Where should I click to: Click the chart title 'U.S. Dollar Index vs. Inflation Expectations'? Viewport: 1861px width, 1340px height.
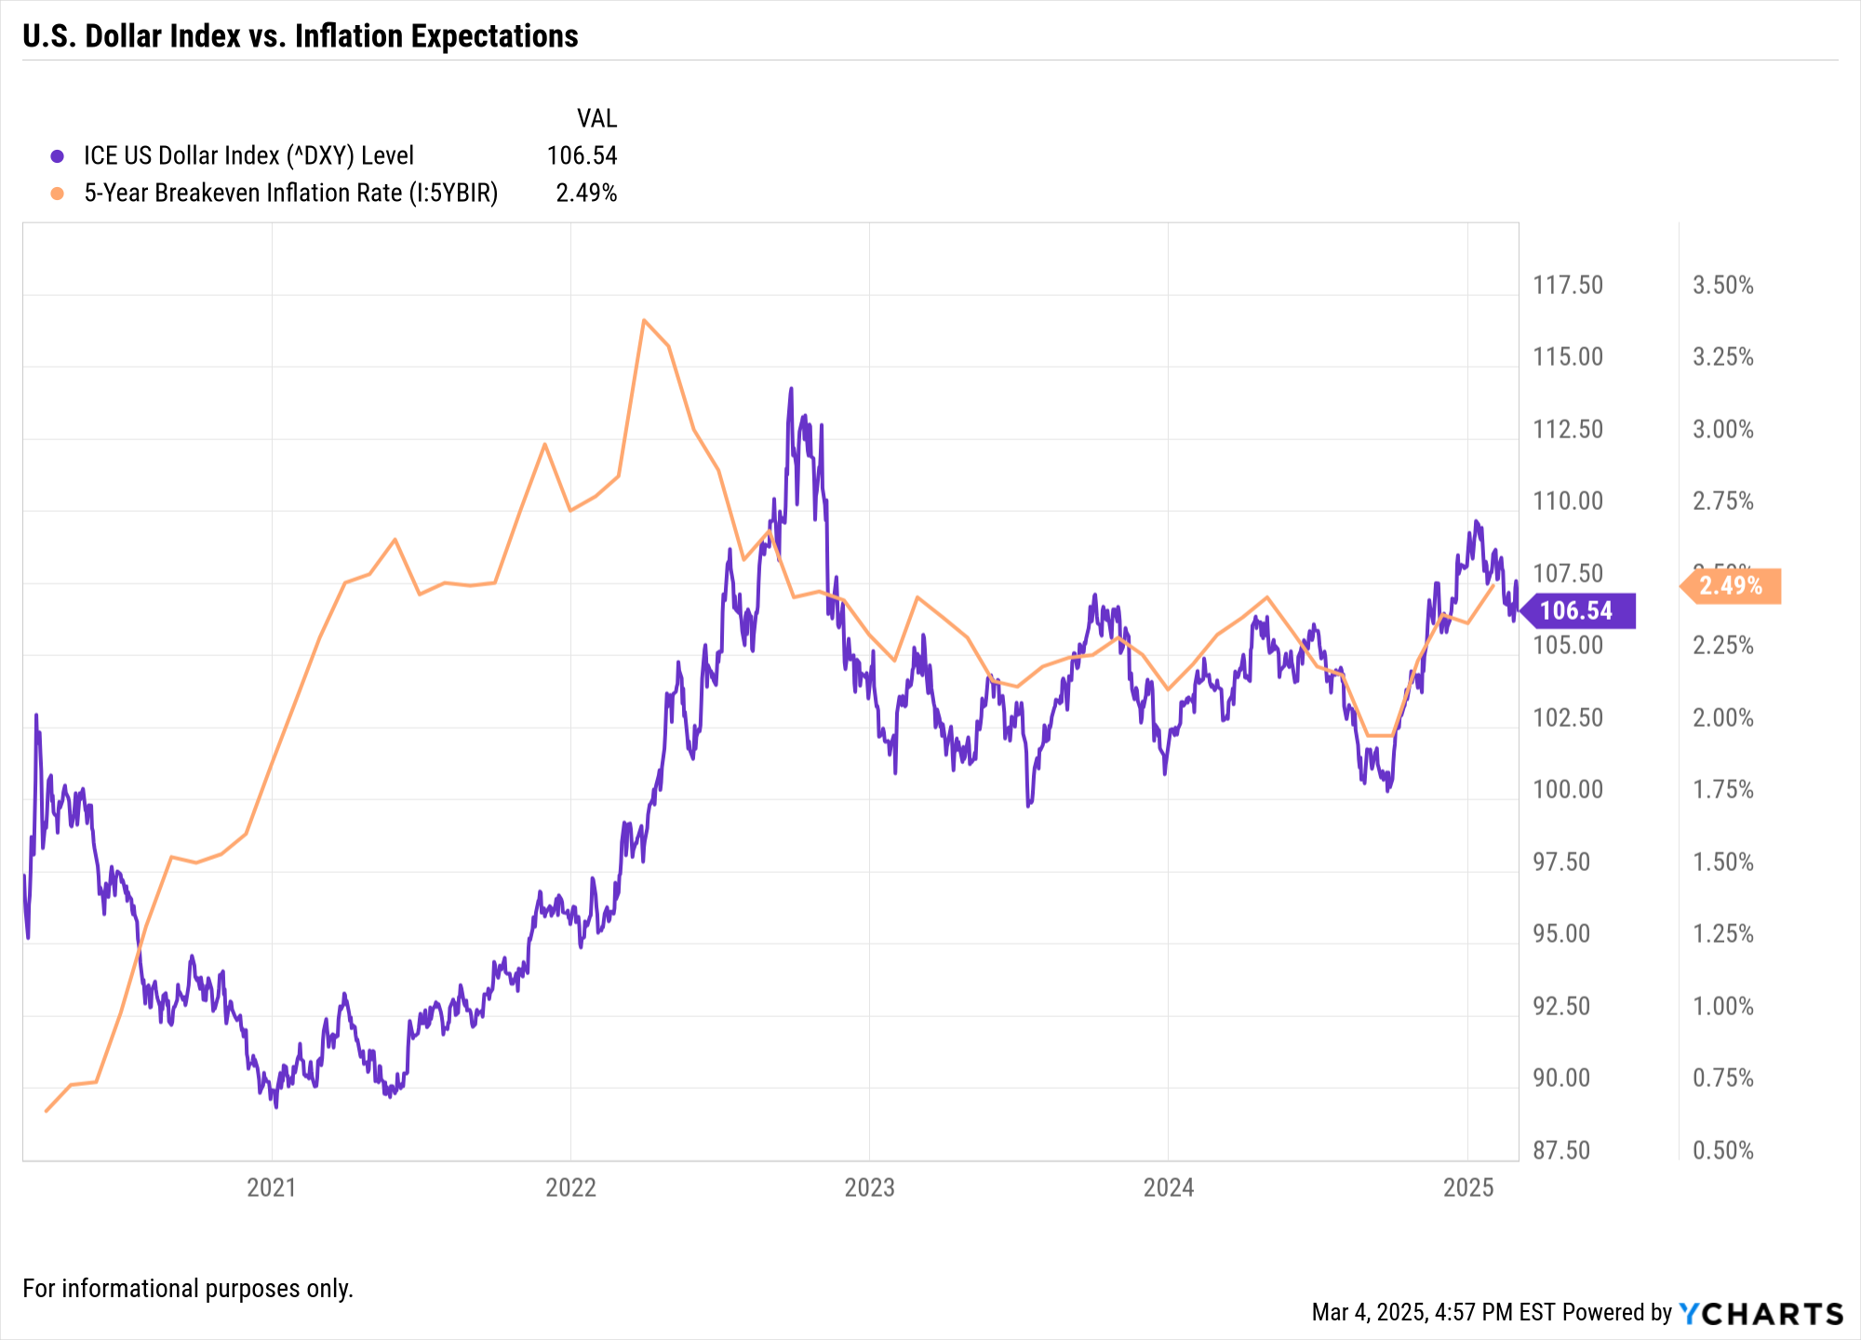coord(300,36)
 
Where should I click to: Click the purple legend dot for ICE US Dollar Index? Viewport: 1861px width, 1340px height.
coord(58,156)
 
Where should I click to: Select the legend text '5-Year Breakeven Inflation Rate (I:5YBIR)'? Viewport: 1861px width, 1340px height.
coord(290,193)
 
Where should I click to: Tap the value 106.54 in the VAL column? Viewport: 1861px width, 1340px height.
coord(582,155)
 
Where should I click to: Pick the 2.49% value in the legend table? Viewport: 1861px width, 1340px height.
coord(586,193)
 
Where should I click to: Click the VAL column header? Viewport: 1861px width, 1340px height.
coord(596,118)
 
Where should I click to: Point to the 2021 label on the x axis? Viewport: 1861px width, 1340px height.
coord(272,1187)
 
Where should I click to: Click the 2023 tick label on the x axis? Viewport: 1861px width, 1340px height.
coord(869,1187)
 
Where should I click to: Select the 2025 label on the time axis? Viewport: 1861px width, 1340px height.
coord(1467,1187)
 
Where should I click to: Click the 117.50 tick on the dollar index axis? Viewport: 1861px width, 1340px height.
coord(1568,285)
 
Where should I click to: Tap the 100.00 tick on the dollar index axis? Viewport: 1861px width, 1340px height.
coord(1568,790)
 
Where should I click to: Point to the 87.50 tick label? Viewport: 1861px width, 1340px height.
coord(1561,1150)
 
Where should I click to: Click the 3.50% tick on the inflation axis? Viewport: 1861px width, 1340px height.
coord(1722,285)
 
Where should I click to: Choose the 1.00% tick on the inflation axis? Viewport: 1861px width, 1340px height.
coord(1722,1006)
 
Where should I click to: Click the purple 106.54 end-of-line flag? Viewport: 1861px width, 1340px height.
coord(1577,610)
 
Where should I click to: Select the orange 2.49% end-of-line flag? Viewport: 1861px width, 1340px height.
coord(1732,586)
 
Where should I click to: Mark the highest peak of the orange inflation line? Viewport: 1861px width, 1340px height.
coord(644,320)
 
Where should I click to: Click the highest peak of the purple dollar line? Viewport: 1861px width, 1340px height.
coord(791,389)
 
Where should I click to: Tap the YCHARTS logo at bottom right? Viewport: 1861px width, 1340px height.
coord(1761,1313)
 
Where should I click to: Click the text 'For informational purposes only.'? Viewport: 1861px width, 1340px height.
coord(188,1289)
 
